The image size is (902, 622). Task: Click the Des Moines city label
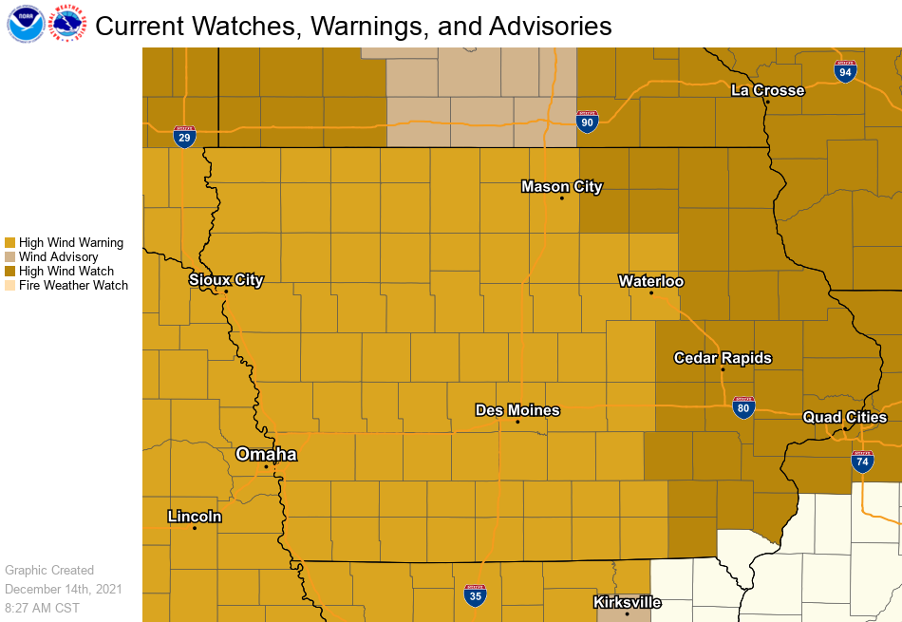pyautogui.click(x=517, y=410)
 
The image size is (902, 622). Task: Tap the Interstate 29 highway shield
pyautogui.click(x=185, y=137)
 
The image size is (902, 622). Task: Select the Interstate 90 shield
pyautogui.click(x=588, y=121)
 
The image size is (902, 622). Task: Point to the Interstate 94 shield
pyautogui.click(x=845, y=71)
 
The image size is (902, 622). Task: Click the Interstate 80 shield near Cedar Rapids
pyautogui.click(x=744, y=407)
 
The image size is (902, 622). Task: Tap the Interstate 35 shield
pyautogui.click(x=476, y=595)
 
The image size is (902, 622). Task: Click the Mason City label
pyautogui.click(x=562, y=186)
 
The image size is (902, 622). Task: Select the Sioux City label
pyautogui.click(x=226, y=280)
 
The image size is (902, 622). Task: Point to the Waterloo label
pyautogui.click(x=651, y=281)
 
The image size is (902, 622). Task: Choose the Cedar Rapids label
pyautogui.click(x=723, y=358)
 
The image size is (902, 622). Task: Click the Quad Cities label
pyautogui.click(x=845, y=417)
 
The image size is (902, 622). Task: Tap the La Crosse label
pyautogui.click(x=767, y=90)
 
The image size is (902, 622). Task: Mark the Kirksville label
pyautogui.click(x=627, y=602)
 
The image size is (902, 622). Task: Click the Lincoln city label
pyautogui.click(x=195, y=517)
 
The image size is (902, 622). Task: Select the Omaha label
pyautogui.click(x=266, y=455)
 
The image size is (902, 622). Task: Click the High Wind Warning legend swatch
pyautogui.click(x=10, y=243)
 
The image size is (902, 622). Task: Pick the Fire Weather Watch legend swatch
pyautogui.click(x=10, y=286)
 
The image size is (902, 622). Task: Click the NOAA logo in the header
pyautogui.click(x=25, y=25)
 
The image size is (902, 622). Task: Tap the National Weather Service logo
pyautogui.click(x=68, y=25)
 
